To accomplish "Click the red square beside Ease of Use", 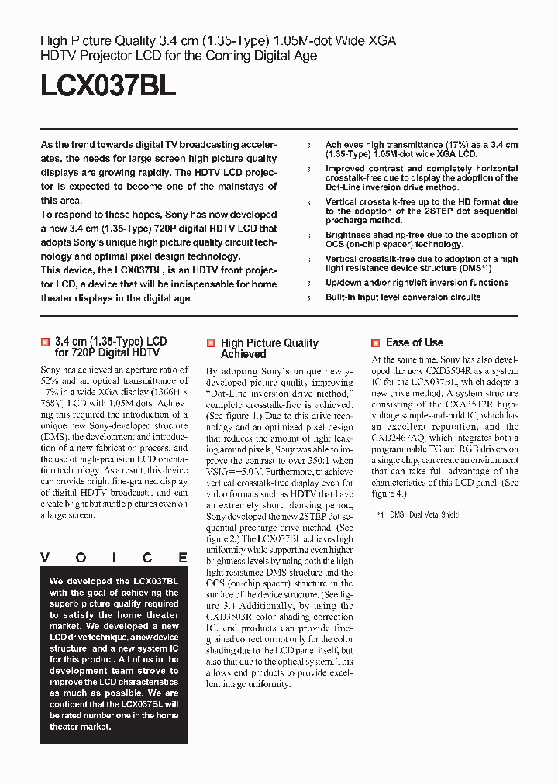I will click(x=376, y=342).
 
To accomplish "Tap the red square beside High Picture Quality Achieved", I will click(x=211, y=342).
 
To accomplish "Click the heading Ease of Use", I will click(x=415, y=342).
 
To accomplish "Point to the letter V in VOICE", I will click(x=45, y=558).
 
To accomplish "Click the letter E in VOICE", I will click(x=183, y=558).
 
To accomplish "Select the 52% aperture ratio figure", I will click(x=50, y=381).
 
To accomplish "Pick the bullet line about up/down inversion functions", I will click(x=417, y=283).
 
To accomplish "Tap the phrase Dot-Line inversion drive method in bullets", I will click(x=392, y=187).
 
